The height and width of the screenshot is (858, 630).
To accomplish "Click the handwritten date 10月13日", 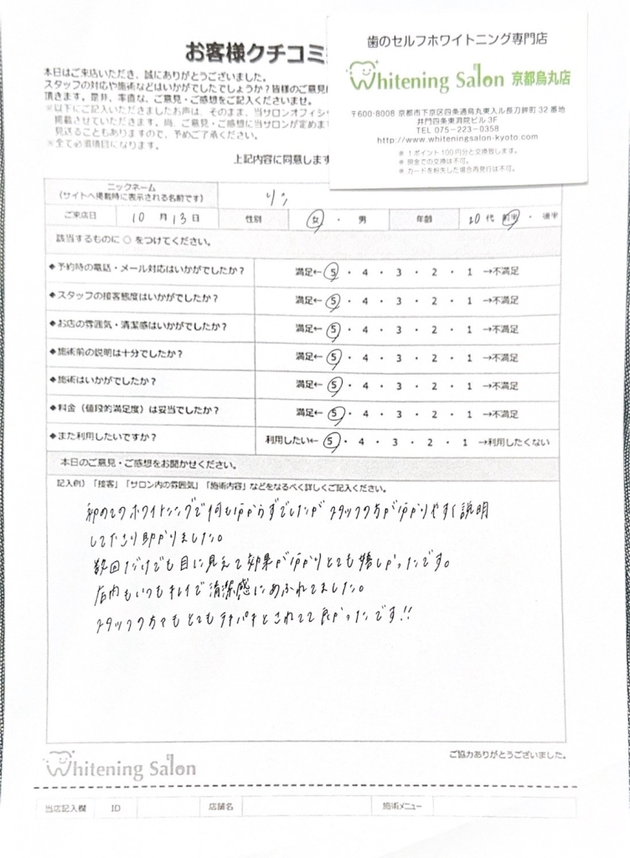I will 167,216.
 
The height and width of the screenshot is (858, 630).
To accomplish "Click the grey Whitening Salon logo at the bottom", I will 121,765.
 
